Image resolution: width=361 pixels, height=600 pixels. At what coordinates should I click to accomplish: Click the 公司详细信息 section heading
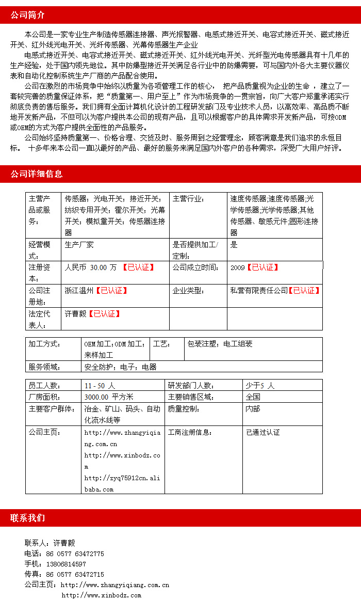pyautogui.click(x=37, y=174)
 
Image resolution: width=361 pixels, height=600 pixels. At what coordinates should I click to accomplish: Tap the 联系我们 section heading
pyautogui.click(x=28, y=518)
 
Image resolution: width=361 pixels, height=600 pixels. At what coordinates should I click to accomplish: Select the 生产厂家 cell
pyautogui.click(x=79, y=245)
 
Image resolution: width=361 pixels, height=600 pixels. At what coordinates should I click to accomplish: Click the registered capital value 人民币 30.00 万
pyautogui.click(x=91, y=267)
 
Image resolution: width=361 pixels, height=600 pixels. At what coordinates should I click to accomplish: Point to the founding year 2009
pyautogui.click(x=238, y=267)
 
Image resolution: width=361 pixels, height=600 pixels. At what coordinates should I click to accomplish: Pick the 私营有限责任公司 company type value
pyautogui.click(x=259, y=291)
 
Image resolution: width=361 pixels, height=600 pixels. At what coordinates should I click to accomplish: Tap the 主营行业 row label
pyautogui.click(x=188, y=199)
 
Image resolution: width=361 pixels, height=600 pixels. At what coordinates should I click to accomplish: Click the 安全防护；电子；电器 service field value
pyautogui.click(x=121, y=367)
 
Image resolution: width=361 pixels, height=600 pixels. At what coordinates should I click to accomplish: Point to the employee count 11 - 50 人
pyautogui.click(x=100, y=386)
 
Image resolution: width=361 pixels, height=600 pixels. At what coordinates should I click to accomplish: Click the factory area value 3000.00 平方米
pyautogui.click(x=109, y=397)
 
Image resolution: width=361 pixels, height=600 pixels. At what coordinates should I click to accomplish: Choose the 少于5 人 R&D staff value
pyautogui.click(x=260, y=386)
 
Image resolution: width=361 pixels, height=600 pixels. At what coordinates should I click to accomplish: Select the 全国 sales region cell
pyautogui.click(x=253, y=397)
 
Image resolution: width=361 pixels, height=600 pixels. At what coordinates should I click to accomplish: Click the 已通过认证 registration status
pyautogui.click(x=262, y=432)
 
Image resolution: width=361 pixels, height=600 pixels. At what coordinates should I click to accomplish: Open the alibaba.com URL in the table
pyautogui.click(x=122, y=483)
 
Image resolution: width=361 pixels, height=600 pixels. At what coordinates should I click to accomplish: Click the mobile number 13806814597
pyautogui.click(x=66, y=564)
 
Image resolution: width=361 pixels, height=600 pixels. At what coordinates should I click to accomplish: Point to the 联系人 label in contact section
pyautogui.click(x=36, y=543)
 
